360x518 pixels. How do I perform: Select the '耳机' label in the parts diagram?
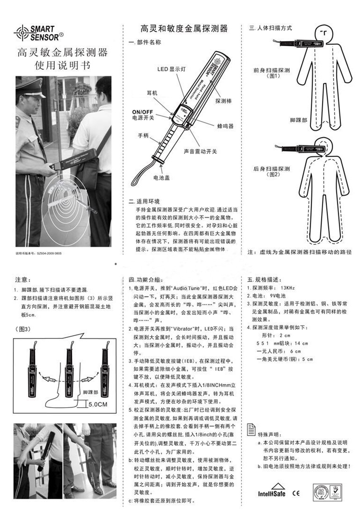point(152,92)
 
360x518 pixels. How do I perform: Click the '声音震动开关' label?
point(200,150)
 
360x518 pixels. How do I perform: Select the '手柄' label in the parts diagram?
point(143,136)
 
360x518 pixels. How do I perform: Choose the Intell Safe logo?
point(272,493)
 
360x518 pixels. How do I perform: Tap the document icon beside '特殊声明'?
point(250,428)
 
